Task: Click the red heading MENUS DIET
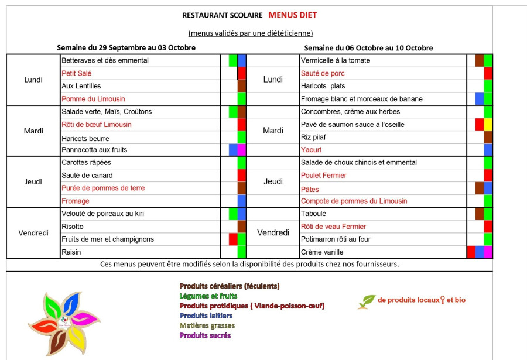(x=293, y=15)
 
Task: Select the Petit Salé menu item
(x=77, y=73)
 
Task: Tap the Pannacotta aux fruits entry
(x=94, y=150)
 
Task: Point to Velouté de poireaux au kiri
(x=102, y=214)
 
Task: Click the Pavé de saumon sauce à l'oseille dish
(x=353, y=124)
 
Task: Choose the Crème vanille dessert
(x=322, y=252)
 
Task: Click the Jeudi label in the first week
(x=33, y=181)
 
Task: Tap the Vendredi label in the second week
(x=273, y=233)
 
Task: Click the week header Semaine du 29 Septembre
(x=126, y=47)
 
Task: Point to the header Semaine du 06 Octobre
(x=368, y=47)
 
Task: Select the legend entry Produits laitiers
(x=206, y=316)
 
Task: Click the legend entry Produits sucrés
(x=205, y=335)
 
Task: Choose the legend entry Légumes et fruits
(x=208, y=296)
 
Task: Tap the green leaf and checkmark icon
(x=367, y=301)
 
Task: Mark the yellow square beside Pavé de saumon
(x=488, y=124)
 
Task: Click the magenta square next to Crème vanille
(x=488, y=252)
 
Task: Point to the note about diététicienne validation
(x=251, y=33)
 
